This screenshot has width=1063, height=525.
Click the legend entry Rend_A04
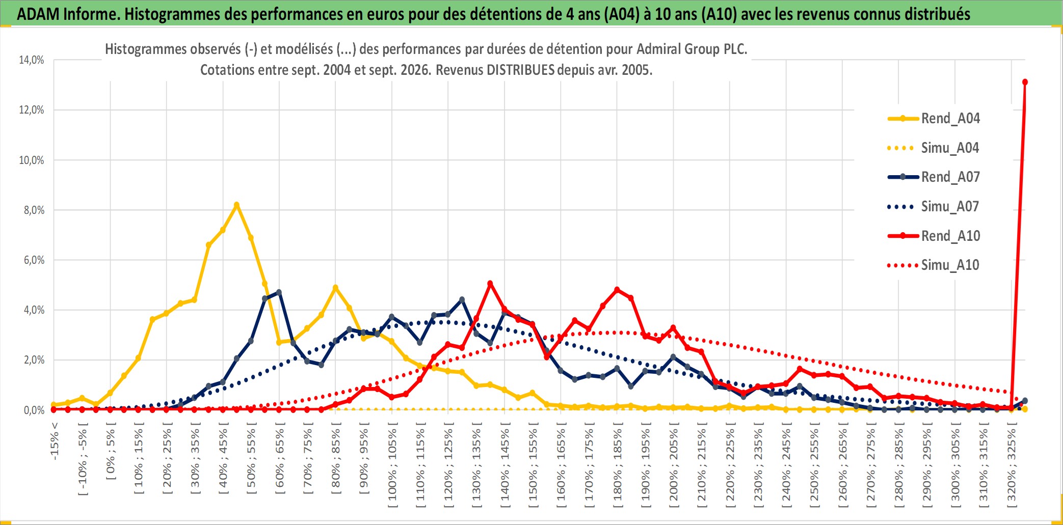934,119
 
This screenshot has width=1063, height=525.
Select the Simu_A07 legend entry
934,207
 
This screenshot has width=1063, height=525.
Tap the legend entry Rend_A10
934,236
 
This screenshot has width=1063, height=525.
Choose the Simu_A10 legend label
934,265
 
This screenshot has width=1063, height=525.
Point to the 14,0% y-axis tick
32,60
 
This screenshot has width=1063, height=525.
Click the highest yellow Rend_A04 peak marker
236,205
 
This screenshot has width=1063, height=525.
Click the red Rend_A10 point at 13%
1025,82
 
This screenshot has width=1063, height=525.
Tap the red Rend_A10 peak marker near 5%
490,284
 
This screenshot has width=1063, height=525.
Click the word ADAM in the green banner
38,14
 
